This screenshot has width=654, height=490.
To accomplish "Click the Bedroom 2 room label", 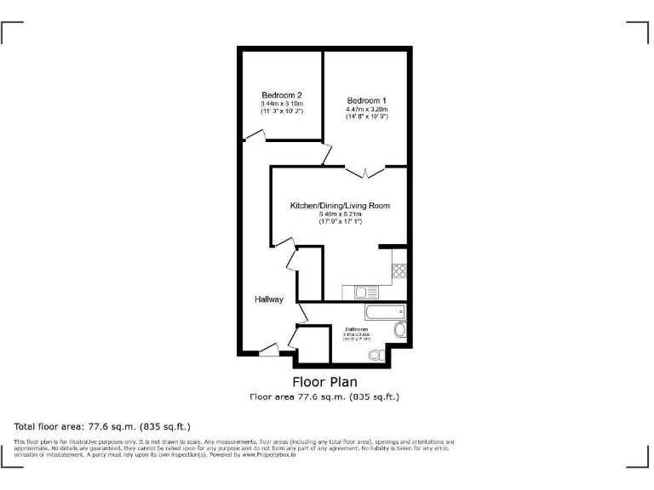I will tap(282, 94).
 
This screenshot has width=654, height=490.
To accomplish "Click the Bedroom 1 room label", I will tap(367, 100).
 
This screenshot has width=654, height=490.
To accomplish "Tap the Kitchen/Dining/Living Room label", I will tap(340, 206).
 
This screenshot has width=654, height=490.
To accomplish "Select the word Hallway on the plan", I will tap(269, 299).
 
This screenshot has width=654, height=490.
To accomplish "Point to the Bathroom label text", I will tap(357, 329).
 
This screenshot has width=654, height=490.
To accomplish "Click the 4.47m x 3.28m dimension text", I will tap(367, 109).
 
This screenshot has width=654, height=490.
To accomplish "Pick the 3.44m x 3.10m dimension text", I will tap(282, 103).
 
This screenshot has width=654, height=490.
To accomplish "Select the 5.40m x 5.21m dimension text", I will tap(340, 214).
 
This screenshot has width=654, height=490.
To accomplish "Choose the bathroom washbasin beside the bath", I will tap(400, 329).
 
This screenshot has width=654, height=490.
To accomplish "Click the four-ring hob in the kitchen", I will tap(399, 272).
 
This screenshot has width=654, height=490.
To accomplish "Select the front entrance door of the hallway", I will tap(269, 348).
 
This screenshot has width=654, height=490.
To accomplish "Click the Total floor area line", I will tap(102, 425).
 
